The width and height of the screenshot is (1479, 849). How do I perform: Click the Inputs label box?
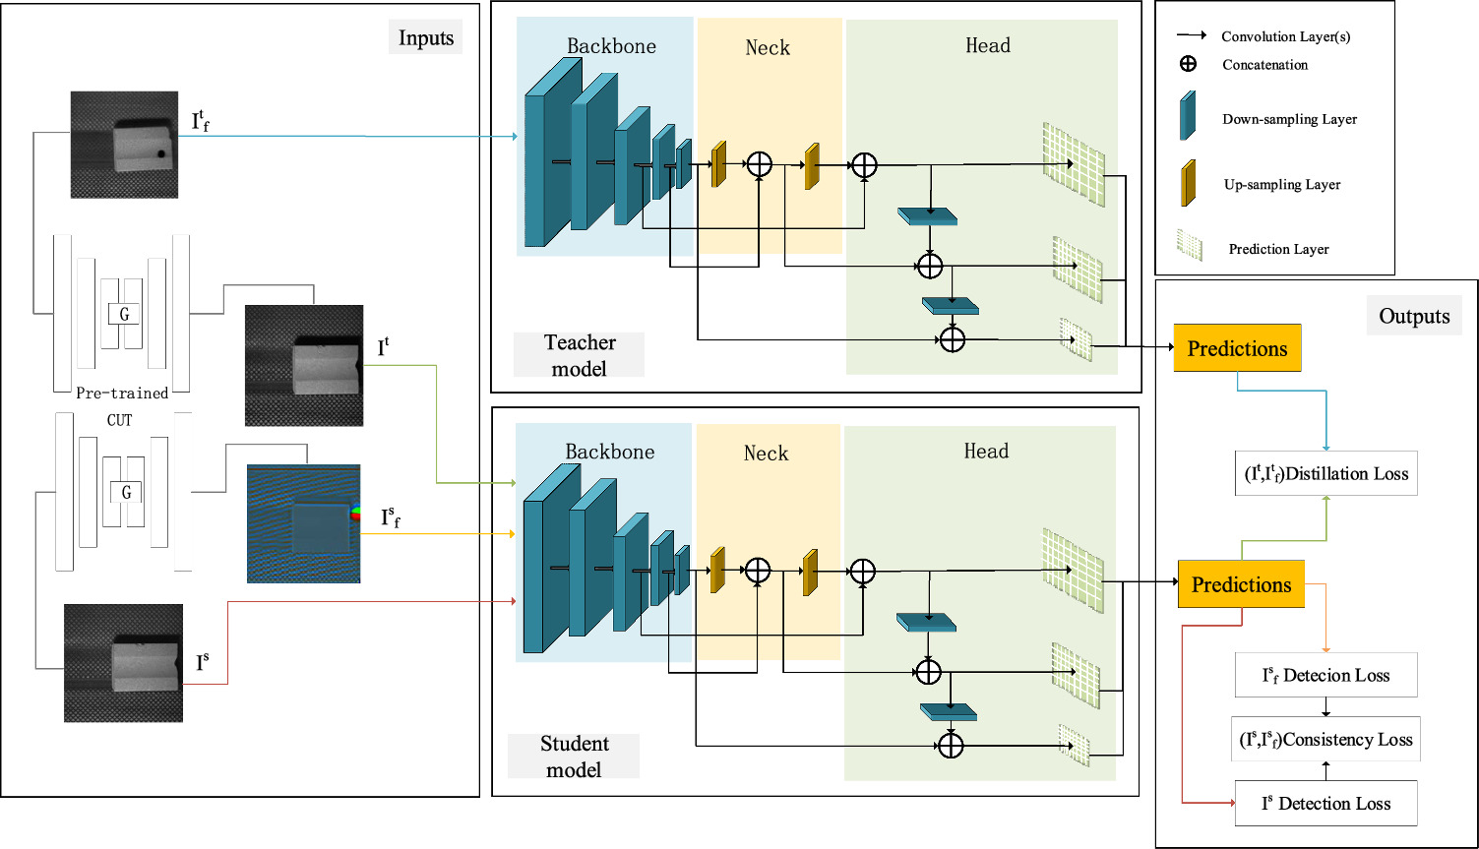[x=426, y=38]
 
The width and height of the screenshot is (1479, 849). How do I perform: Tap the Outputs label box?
[x=1414, y=316]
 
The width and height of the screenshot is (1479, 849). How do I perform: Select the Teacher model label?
[x=580, y=355]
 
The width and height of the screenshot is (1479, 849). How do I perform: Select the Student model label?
[x=574, y=756]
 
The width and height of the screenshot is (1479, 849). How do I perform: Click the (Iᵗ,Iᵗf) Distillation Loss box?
[x=1325, y=473]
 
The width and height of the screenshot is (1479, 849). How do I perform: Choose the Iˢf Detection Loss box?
[x=1325, y=675]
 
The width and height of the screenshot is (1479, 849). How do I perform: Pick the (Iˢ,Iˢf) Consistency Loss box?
[x=1325, y=739]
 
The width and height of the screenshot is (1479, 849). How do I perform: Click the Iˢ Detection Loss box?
[x=1325, y=804]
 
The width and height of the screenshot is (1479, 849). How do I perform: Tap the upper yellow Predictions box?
[x=1237, y=348]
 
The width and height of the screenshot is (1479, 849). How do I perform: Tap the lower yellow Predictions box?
[x=1241, y=584]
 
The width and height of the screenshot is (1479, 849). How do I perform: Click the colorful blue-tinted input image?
[x=303, y=523]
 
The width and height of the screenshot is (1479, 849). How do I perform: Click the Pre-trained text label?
[x=122, y=393]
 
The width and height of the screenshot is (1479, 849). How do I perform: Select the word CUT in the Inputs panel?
[x=119, y=420]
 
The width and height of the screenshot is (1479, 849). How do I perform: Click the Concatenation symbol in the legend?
[x=1188, y=64]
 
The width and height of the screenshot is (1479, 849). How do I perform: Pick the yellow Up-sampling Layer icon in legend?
[x=1189, y=183]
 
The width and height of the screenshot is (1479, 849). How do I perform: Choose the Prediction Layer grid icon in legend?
[x=1190, y=246]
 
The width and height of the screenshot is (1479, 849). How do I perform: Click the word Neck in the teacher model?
[x=767, y=47]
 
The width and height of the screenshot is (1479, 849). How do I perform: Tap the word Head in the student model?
[x=986, y=451]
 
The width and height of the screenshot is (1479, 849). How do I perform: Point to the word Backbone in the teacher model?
[x=611, y=46]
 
